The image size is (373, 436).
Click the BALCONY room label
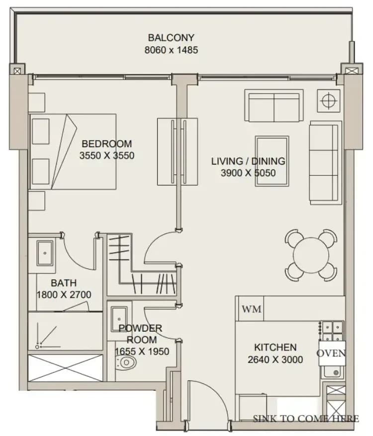(x=171, y=38)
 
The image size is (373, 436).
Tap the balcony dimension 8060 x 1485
(x=171, y=50)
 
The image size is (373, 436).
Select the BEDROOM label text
(x=107, y=144)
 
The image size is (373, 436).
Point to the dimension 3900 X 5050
(x=248, y=173)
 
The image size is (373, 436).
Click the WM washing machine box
(x=252, y=309)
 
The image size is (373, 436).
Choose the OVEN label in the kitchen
(x=331, y=353)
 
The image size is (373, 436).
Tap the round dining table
(x=311, y=255)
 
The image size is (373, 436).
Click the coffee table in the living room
(x=272, y=161)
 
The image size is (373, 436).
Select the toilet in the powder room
(x=126, y=362)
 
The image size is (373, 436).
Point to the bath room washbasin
(x=45, y=253)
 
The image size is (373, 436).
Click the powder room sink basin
(x=119, y=319)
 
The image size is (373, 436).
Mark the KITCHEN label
(x=276, y=348)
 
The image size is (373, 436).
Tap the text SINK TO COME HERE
(x=306, y=419)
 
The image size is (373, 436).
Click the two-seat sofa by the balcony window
(x=274, y=105)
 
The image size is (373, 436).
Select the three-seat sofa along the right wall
(x=326, y=163)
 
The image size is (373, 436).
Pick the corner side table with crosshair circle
(x=329, y=100)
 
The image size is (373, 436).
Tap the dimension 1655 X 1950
(x=142, y=351)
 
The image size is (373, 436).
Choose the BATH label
(x=64, y=283)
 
